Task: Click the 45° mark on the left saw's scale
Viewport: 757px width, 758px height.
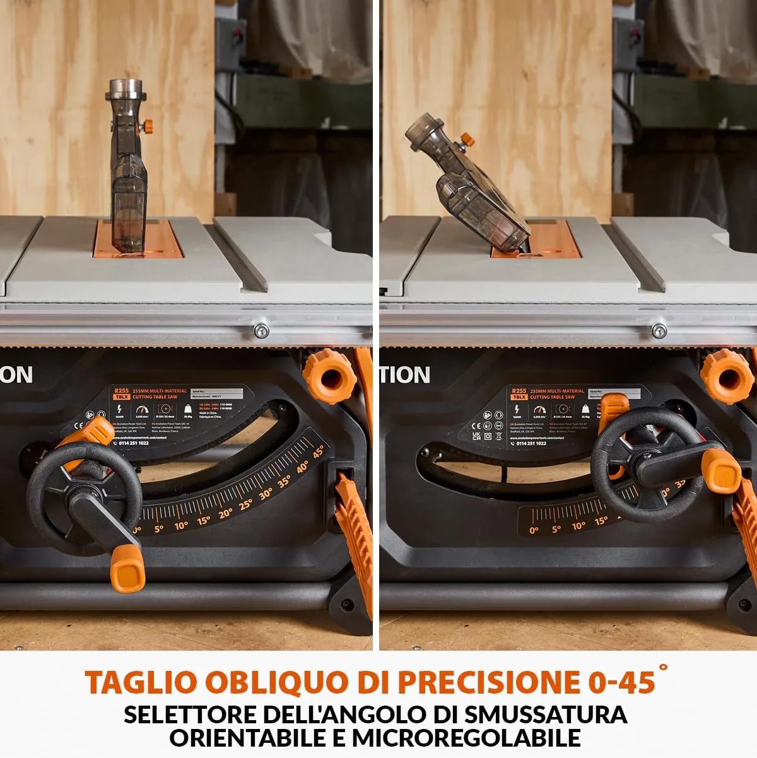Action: pos(319,452)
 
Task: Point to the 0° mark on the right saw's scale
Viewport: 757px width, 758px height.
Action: pos(534,530)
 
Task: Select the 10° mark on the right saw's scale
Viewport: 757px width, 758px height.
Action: pos(578,526)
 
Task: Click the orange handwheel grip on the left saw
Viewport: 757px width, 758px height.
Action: pos(127,569)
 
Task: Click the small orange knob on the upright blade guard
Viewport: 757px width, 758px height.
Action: pos(148,126)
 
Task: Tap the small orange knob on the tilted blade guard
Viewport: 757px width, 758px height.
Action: pos(467,139)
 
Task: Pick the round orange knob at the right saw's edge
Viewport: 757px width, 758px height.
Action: pos(727,376)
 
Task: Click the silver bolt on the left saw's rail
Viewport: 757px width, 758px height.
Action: pos(261,330)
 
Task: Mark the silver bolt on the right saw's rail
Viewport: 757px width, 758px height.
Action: pos(659,330)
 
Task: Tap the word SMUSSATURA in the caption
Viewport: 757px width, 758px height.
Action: pos(546,714)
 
